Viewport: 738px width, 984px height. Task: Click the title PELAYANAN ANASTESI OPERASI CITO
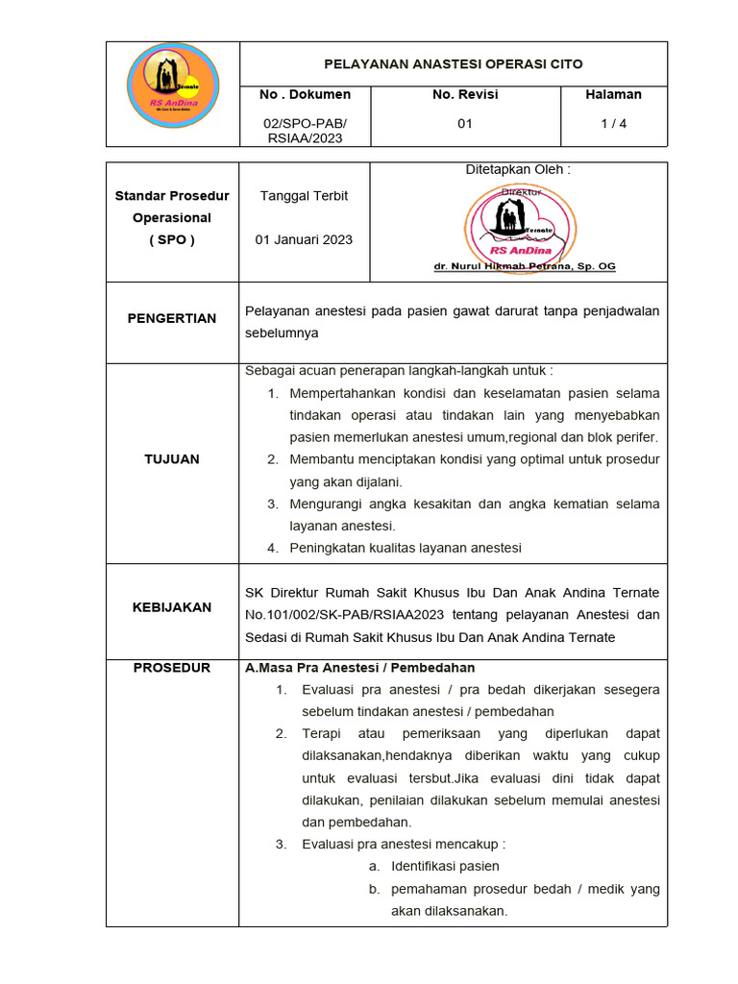pyautogui.click(x=453, y=64)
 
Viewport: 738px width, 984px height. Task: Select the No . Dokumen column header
pyautogui.click(x=305, y=94)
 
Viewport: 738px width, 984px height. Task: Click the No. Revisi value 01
pyautogui.click(x=465, y=123)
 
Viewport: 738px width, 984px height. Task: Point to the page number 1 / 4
pyautogui.click(x=613, y=123)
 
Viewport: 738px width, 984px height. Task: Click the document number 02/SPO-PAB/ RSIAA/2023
pyautogui.click(x=305, y=131)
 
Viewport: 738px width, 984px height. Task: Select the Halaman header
pyautogui.click(x=613, y=94)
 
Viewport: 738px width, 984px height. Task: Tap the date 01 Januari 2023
pyautogui.click(x=304, y=239)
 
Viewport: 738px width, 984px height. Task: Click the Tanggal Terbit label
pyautogui.click(x=304, y=195)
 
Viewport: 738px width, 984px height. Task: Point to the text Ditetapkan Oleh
pyautogui.click(x=518, y=169)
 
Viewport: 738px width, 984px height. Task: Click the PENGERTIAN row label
pyautogui.click(x=172, y=318)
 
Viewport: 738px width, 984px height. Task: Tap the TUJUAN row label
pyautogui.click(x=172, y=459)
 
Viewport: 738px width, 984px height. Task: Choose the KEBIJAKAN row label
pyautogui.click(x=172, y=607)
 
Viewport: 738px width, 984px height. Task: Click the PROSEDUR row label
pyautogui.click(x=172, y=668)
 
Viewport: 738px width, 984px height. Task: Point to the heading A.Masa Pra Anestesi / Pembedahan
pyautogui.click(x=360, y=668)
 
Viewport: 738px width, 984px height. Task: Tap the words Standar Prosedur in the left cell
pyautogui.click(x=172, y=196)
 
